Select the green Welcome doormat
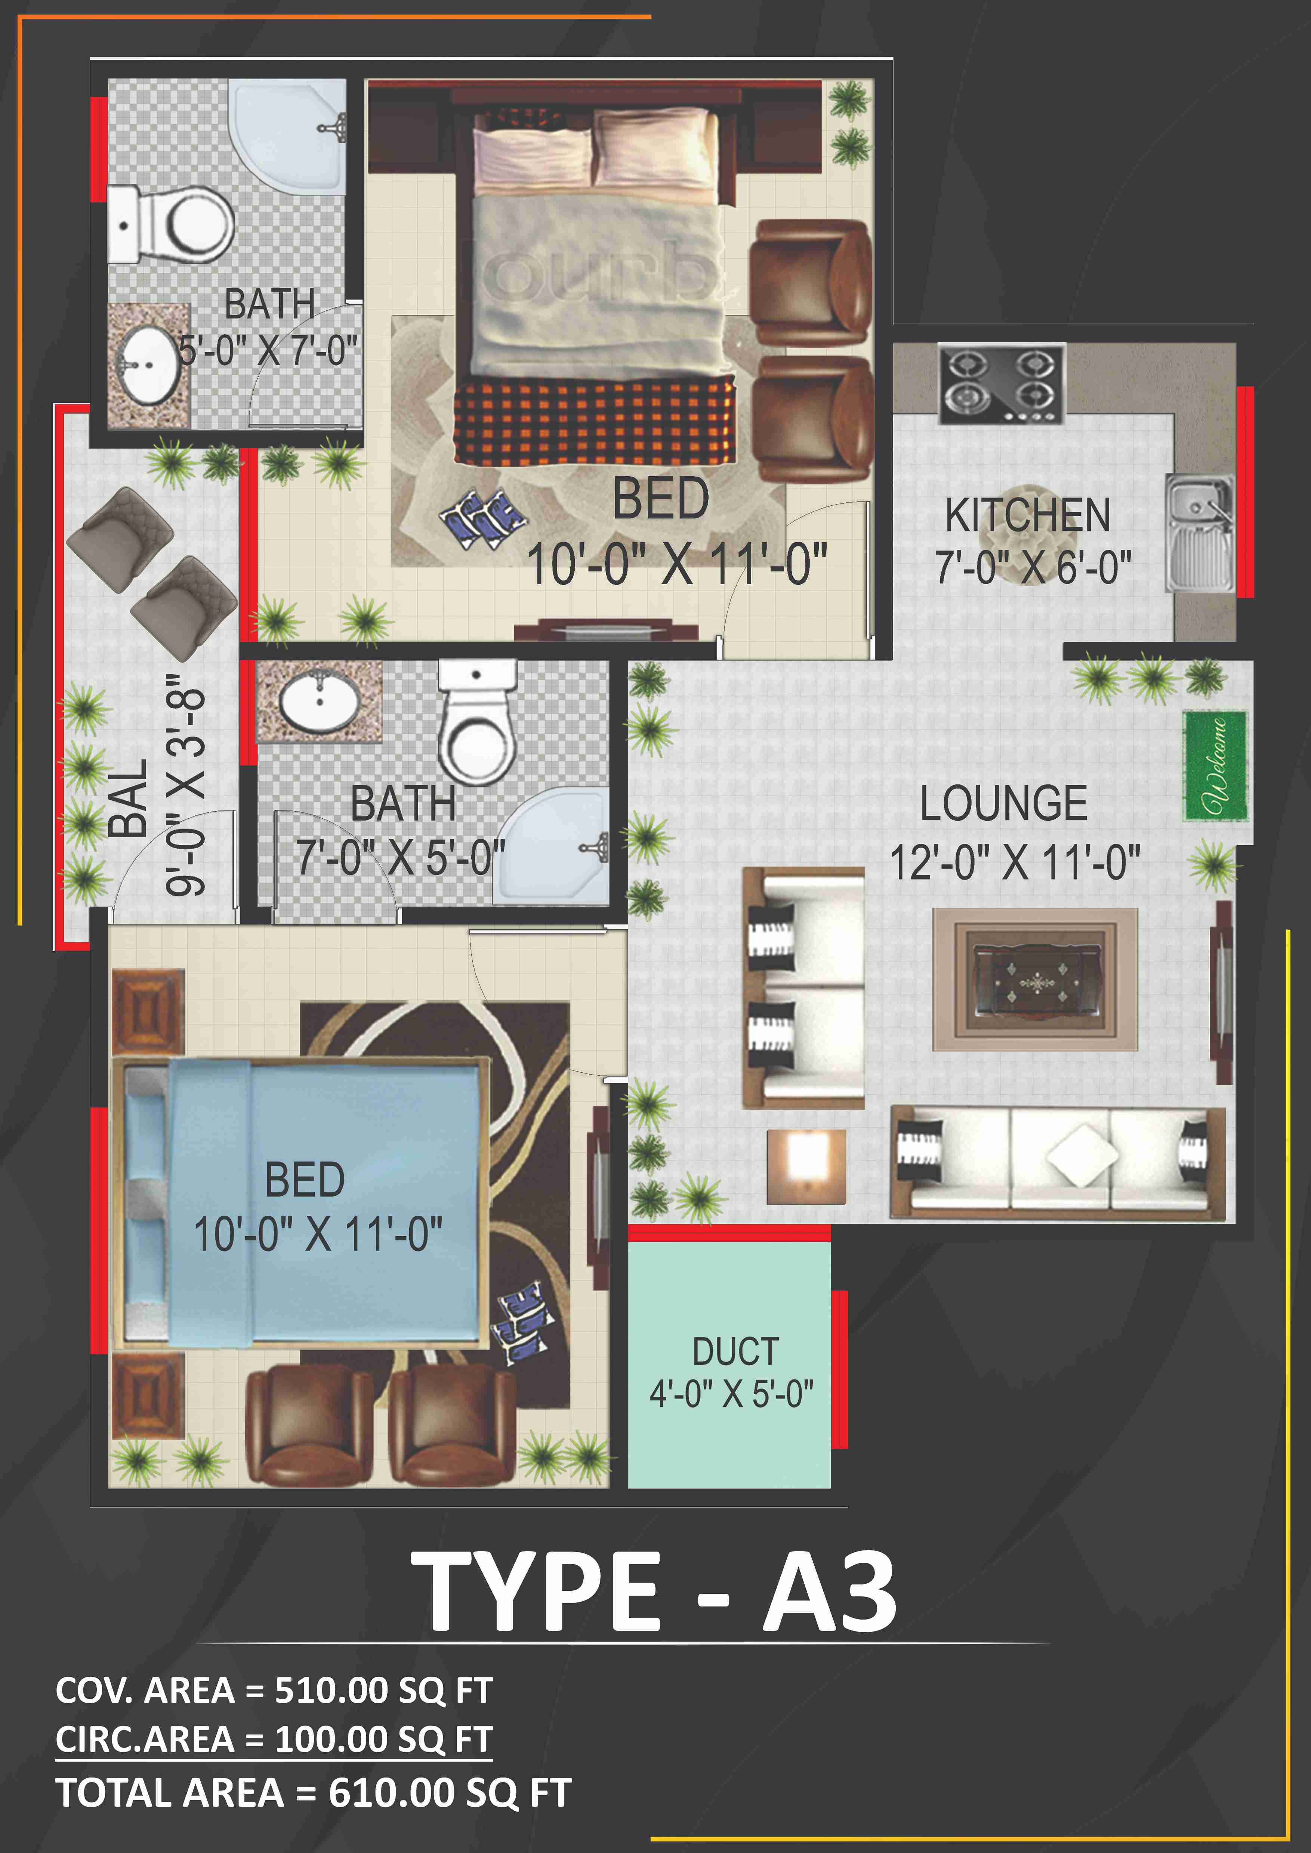(x=1215, y=766)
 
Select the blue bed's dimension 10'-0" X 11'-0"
(x=318, y=1234)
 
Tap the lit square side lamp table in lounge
(x=806, y=1166)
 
